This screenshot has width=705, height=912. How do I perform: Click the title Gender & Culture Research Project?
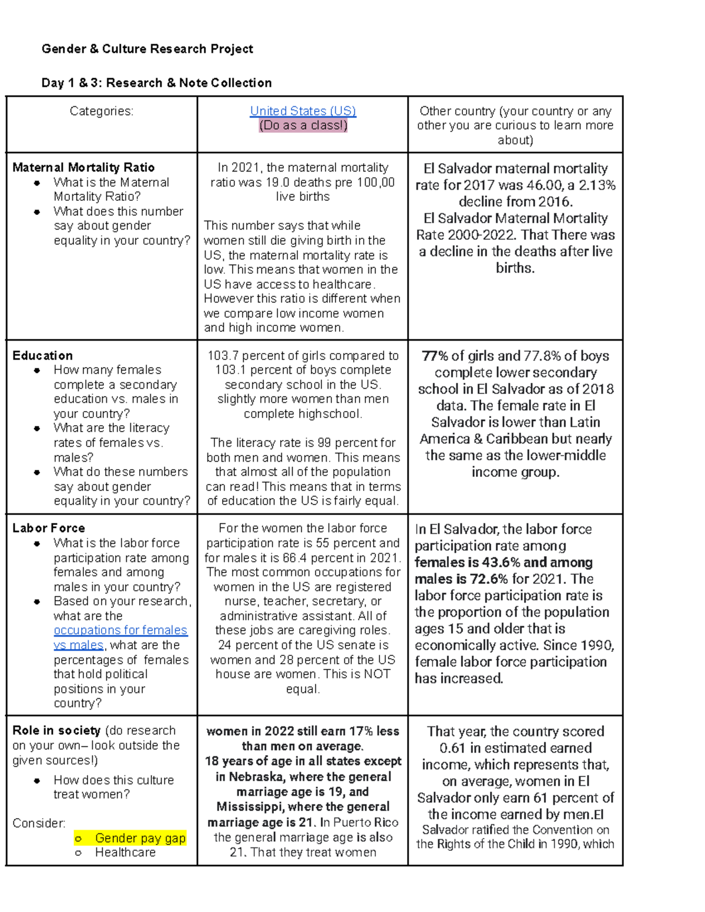147,49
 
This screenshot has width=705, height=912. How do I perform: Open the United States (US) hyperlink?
303,111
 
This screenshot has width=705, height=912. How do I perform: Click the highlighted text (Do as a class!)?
303,125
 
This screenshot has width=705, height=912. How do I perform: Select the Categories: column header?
101,111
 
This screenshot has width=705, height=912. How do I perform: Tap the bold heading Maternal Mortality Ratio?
83,167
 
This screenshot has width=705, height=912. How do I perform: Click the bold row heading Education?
42,355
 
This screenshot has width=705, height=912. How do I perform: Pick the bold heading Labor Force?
48,528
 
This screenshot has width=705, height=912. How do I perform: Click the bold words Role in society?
56,730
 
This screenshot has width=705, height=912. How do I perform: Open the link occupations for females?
120,630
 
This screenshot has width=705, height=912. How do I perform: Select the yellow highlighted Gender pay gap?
140,838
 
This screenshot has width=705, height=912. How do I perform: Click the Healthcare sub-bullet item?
125,852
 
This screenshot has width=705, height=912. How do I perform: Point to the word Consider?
39,823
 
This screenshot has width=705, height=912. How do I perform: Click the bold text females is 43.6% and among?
503,562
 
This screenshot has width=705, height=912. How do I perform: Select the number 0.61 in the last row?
452,748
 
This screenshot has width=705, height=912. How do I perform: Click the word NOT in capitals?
377,674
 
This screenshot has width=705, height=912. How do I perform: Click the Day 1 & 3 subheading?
156,83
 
